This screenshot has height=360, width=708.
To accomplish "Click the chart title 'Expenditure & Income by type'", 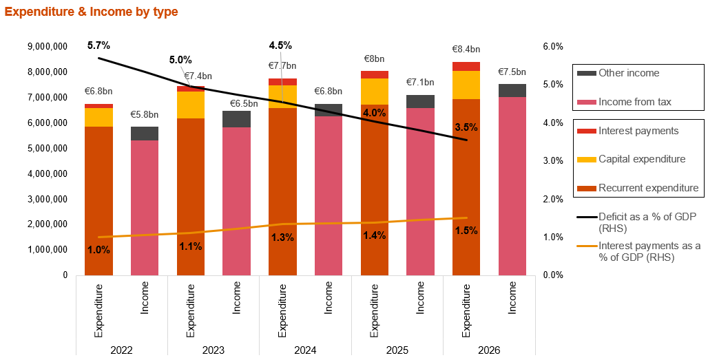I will click(x=91, y=12).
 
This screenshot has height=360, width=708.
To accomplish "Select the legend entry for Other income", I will click(x=628, y=73).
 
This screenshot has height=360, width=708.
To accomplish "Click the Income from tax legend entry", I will click(x=634, y=102).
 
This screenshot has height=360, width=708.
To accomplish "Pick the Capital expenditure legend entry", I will click(x=641, y=159).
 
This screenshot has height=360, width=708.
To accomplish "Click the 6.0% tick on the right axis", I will click(x=554, y=47).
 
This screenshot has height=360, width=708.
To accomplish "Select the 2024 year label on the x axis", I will click(x=305, y=350).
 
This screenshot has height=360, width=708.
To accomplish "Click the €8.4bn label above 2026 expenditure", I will click(x=466, y=50).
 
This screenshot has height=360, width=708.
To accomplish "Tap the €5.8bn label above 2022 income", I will click(x=145, y=114).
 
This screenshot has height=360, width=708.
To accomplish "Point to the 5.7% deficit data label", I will click(x=98, y=45).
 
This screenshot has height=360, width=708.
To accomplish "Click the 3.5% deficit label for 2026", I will click(x=466, y=127).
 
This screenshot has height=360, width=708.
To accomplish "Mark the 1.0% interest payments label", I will click(x=98, y=250).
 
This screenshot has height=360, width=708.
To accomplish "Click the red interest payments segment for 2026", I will click(x=466, y=66).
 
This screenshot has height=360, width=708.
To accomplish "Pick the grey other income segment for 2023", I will click(x=236, y=119).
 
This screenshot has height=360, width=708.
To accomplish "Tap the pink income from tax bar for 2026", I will click(x=512, y=186).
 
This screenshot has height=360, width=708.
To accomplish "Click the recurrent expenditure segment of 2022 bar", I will click(x=98, y=200).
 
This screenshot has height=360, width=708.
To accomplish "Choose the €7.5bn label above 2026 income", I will click(x=512, y=72).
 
